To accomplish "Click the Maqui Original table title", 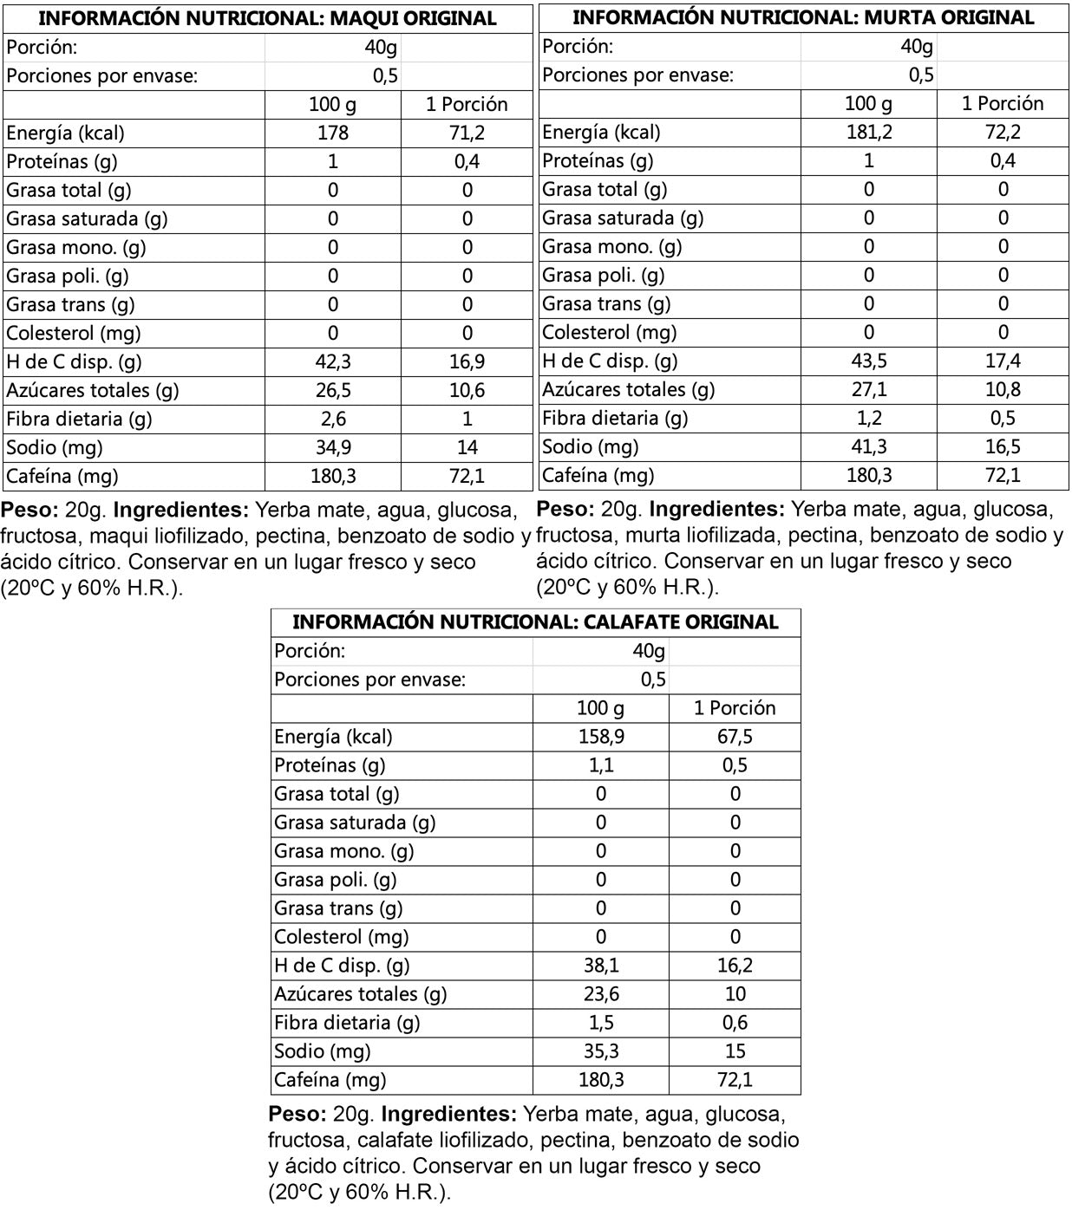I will pos(267,18).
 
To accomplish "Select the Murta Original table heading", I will pos(803,17).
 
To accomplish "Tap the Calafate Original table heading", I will pos(535,622).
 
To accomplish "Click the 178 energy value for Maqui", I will pos(333,133).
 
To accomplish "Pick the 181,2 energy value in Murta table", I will pos(868,132).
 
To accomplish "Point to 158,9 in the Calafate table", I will pos(601,737).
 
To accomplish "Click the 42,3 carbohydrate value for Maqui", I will pos(333,361).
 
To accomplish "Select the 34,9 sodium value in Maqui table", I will pos(333,447).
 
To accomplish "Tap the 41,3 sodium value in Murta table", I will pos(868,446).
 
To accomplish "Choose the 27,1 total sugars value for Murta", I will pos(868,389).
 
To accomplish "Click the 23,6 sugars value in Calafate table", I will pos(601,994).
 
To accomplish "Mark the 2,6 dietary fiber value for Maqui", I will pos(333,419).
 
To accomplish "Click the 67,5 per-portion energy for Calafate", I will pos(735,737).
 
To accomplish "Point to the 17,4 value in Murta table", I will pos(1003,361).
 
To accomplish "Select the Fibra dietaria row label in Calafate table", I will pos(347,1023).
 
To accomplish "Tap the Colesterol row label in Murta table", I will pos(609,332).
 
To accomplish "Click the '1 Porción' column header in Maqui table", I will pos(467,104).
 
